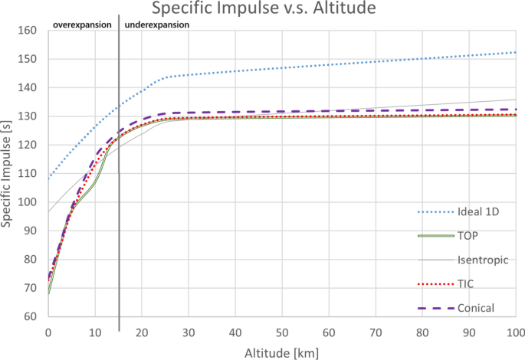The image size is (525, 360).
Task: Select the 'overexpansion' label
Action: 82,25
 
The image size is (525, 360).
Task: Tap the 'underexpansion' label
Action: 157,25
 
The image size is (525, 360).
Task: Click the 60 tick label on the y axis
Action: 31,316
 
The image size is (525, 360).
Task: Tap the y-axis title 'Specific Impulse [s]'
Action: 8,174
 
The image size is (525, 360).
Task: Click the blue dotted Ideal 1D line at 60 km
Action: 329,64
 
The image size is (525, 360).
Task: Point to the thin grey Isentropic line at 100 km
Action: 516,100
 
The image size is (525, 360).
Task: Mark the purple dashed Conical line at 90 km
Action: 469,110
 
